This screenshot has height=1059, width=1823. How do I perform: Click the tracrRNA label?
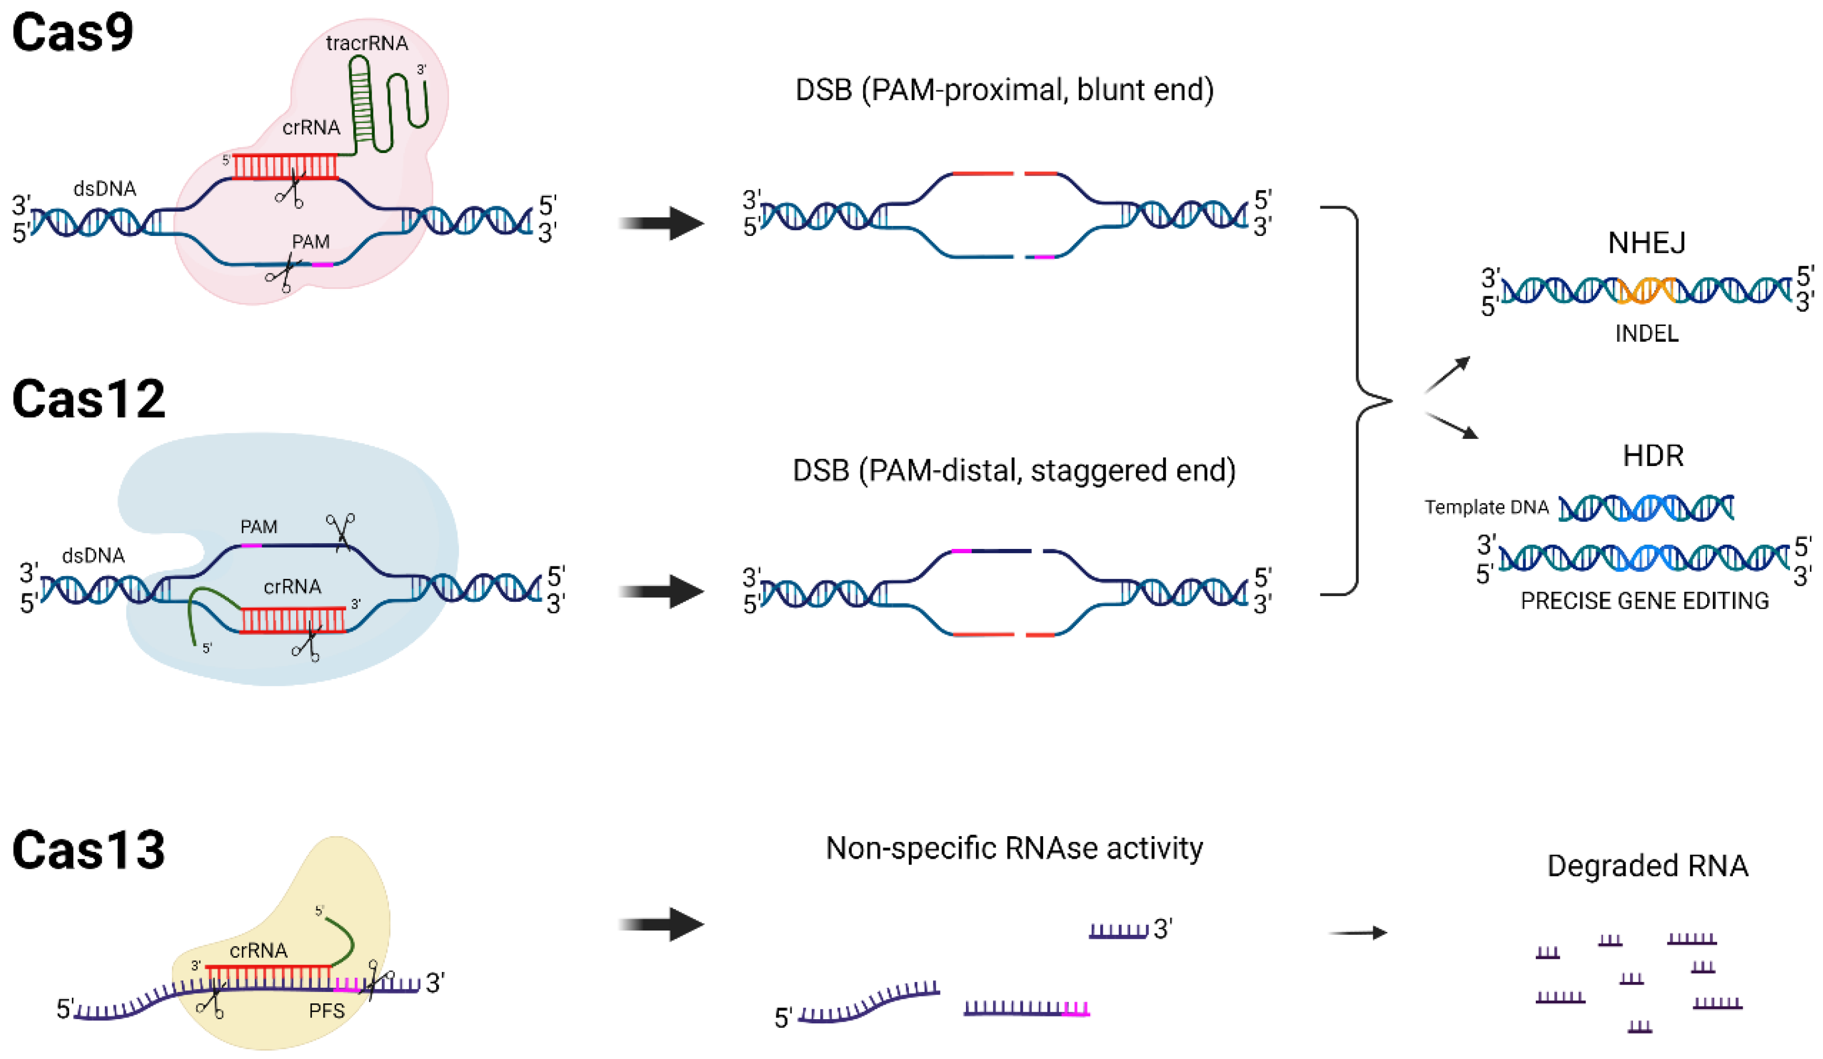click(x=367, y=44)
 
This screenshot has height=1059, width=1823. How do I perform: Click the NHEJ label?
click(x=1646, y=243)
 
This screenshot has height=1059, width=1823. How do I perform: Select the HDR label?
click(x=1653, y=456)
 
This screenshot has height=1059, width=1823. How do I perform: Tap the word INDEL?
click(x=1646, y=333)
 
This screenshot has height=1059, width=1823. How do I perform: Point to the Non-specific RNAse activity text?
click(x=1014, y=848)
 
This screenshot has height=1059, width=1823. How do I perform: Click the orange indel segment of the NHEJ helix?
click(x=1646, y=291)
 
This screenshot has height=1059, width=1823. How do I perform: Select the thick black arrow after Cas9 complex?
click(x=662, y=223)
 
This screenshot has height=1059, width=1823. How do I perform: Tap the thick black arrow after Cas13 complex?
click(x=662, y=924)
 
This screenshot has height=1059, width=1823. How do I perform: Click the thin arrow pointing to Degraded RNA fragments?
click(x=1358, y=933)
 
